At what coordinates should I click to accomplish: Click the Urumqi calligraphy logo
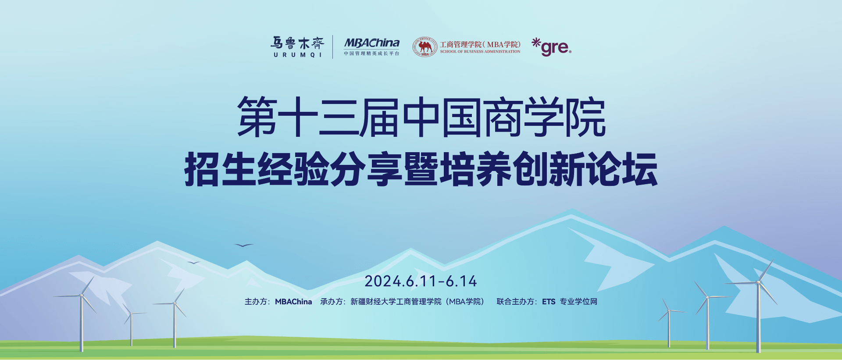click(297, 47)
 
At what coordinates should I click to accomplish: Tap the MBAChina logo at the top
click(371, 46)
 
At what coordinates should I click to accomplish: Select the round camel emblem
click(425, 47)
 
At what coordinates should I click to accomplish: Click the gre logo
click(552, 47)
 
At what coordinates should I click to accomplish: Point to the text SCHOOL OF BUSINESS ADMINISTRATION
click(480, 52)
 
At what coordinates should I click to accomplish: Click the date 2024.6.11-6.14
click(421, 281)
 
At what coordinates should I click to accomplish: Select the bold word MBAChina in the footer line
click(293, 302)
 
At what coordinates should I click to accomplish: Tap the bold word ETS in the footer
click(549, 302)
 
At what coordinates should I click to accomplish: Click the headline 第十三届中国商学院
click(421, 117)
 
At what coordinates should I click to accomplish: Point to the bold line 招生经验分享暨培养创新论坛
click(421, 169)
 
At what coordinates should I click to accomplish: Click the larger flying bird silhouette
click(244, 245)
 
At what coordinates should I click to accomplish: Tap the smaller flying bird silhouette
click(193, 263)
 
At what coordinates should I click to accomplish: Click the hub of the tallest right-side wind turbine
click(758, 282)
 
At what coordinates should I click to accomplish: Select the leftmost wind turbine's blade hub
click(82, 295)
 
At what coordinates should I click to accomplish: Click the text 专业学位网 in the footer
click(578, 302)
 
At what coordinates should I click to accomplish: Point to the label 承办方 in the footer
click(332, 302)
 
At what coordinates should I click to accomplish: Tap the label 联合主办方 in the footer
click(515, 302)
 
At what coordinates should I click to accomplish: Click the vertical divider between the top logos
click(333, 47)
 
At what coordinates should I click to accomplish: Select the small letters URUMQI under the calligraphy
click(298, 55)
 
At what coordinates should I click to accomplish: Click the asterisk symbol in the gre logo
click(536, 43)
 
